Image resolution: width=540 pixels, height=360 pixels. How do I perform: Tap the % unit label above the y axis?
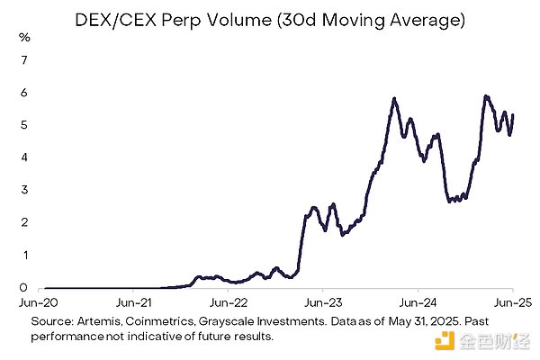pos(25,38)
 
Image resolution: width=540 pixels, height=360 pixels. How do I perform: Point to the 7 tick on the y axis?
pos(25,60)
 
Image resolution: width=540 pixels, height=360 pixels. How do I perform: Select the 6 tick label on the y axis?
pos(25,93)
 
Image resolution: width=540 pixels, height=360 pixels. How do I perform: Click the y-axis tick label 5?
pos(25,125)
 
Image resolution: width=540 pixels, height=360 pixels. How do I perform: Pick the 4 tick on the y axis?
pos(25,157)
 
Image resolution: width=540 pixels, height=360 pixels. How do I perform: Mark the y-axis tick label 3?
pos(25,190)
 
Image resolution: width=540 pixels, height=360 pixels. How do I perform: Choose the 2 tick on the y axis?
pos(25,222)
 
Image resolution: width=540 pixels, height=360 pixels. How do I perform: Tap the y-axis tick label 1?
pos(25,255)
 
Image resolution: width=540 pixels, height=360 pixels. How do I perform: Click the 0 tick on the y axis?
pos(25,287)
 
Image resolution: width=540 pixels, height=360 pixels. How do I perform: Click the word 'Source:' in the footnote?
pos(53,321)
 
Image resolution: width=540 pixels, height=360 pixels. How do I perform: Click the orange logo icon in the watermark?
pos(443,338)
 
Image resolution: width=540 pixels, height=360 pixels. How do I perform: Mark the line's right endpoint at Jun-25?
pos(512,114)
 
